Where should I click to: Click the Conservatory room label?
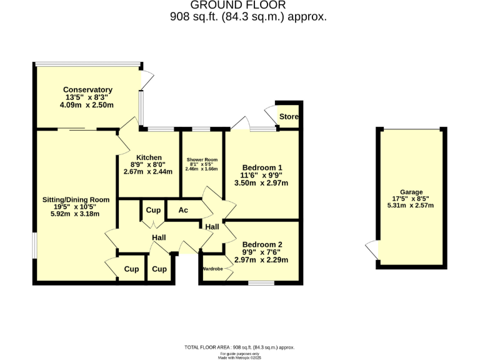pyautogui.click(x=89, y=90)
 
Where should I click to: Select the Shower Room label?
pyautogui.click(x=201, y=157)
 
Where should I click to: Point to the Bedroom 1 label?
pyautogui.click(x=262, y=167)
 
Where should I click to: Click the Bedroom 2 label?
pyautogui.click(x=262, y=244)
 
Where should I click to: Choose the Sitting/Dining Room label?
pyautogui.click(x=76, y=200)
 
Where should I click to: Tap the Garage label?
pyautogui.click(x=411, y=192)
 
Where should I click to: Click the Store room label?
pyautogui.click(x=289, y=117)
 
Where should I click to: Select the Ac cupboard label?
pyautogui.click(x=183, y=210)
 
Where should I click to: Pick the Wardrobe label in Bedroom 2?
pyautogui.click(x=212, y=269)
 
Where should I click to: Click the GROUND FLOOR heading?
pyautogui.click(x=248, y=6)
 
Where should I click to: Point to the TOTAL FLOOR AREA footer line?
pyautogui.click(x=239, y=347)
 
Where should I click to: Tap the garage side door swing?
pyautogui.click(x=372, y=249)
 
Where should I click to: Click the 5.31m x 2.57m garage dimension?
pyautogui.click(x=411, y=205)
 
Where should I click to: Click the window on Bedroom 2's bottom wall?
pyautogui.click(x=261, y=283)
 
